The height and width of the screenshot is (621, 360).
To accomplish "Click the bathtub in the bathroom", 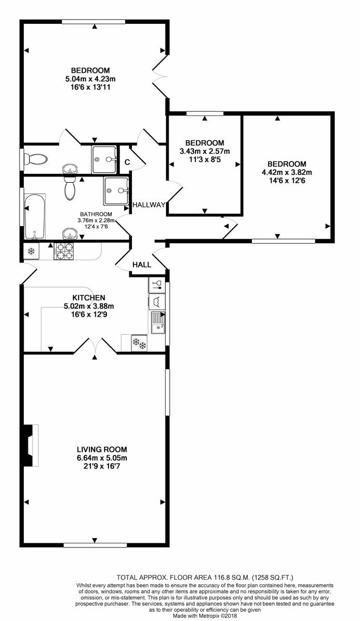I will tap(34, 216).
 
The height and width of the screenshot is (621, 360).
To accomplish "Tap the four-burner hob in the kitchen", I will tap(65, 252).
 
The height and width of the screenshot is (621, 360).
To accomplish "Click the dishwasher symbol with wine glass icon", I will tap(156, 284).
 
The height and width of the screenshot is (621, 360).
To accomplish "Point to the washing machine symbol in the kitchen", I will tap(156, 301).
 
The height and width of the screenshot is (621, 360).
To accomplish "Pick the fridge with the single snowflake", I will tap(31, 252).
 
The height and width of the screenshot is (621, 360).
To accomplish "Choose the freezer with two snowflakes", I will tap(139, 343).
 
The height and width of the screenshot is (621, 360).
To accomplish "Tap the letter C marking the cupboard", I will tap(126, 162).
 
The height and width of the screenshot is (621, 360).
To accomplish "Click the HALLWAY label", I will tap(148, 205).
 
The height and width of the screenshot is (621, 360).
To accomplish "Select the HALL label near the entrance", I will tap(142, 264).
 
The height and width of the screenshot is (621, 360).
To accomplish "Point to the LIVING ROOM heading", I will tap(102, 449).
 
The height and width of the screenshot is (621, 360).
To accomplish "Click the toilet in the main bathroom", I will tap(70, 189).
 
